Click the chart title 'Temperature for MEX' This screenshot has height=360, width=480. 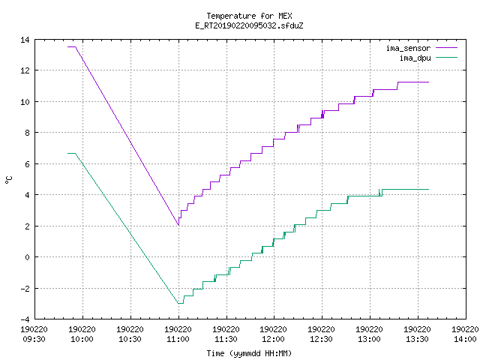tap(249, 16)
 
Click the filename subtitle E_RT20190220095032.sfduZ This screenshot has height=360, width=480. tap(249, 25)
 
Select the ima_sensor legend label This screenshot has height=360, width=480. tap(408, 48)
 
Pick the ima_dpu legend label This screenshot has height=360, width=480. tap(415, 58)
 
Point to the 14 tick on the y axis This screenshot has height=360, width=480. tap(25, 40)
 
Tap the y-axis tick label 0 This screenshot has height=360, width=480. tap(27, 257)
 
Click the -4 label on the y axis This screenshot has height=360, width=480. tap(25, 319)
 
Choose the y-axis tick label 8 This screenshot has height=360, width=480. tap(27, 133)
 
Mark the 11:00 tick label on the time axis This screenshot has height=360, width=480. tap(178, 339)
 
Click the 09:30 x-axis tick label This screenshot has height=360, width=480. tap(34, 339)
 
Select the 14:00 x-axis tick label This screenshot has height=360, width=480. tap(465, 339)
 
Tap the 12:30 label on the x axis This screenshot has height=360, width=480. tap(322, 339)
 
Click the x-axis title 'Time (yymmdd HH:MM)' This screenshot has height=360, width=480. tap(249, 353)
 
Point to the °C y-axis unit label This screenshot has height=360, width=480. tap(9, 180)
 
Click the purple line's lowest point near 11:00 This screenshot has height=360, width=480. tap(178, 225)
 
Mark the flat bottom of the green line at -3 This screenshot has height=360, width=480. tap(181, 303)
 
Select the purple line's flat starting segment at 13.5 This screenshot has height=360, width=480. tap(72, 46)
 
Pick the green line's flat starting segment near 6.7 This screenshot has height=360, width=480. tap(72, 153)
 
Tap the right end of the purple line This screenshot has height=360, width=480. tap(428, 82)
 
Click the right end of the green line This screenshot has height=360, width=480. tap(428, 190)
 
